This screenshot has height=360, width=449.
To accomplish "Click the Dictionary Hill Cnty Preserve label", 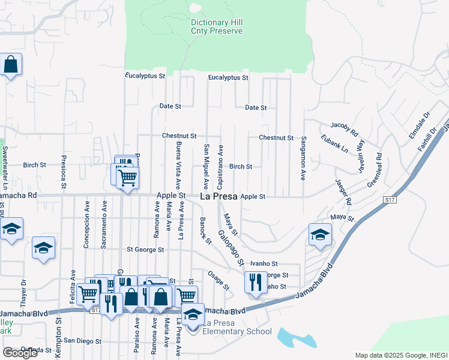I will point(216,26).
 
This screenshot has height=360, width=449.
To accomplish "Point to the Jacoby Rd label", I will point(344,128).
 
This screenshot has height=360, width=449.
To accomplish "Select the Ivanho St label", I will point(264,263).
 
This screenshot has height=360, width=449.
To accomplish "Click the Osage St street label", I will point(218,280).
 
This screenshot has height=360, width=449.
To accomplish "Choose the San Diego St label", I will point(83,341).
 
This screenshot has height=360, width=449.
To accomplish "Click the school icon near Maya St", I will point(321,234).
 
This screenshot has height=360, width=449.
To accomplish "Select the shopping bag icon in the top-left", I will point(11,64).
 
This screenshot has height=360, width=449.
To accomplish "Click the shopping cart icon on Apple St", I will point(127,178).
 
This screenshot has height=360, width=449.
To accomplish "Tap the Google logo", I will point(20,353).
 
